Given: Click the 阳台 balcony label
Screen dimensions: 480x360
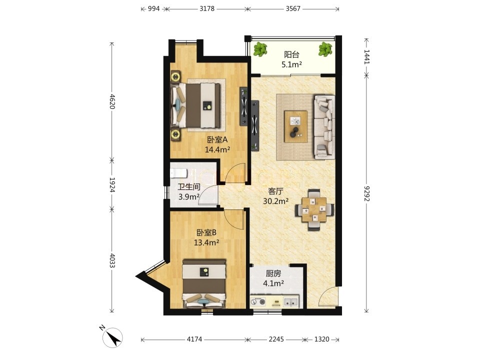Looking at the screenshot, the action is coord(291,55).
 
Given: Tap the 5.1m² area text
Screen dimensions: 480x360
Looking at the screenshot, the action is coord(291,64).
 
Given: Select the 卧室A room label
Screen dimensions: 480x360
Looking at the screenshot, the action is coord(217,140).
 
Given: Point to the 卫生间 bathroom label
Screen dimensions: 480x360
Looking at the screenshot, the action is coord(189,186).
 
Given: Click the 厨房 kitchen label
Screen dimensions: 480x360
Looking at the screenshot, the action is coord(273,273).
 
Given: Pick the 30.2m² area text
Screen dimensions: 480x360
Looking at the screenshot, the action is coord(276,201).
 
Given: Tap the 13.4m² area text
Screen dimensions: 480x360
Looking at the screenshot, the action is coord(206,243).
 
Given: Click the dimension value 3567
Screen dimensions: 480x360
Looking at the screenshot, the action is coord(293,8).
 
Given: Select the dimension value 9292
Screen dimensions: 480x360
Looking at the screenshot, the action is coord(366,194).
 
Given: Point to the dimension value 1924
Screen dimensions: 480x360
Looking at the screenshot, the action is coord(112,184).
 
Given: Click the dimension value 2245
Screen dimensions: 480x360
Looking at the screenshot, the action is coord(276,339).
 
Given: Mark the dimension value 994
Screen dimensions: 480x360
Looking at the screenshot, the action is coord(153,8).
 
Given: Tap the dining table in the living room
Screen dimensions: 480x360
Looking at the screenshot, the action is coord(314,209).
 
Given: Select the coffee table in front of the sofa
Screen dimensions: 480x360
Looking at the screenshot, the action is coord(295,126).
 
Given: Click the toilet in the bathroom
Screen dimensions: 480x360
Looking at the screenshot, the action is coord(178,173).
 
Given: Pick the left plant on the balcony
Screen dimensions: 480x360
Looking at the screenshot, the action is coord(260,49).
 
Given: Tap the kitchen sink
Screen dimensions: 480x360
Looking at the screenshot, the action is coord(290,302).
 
